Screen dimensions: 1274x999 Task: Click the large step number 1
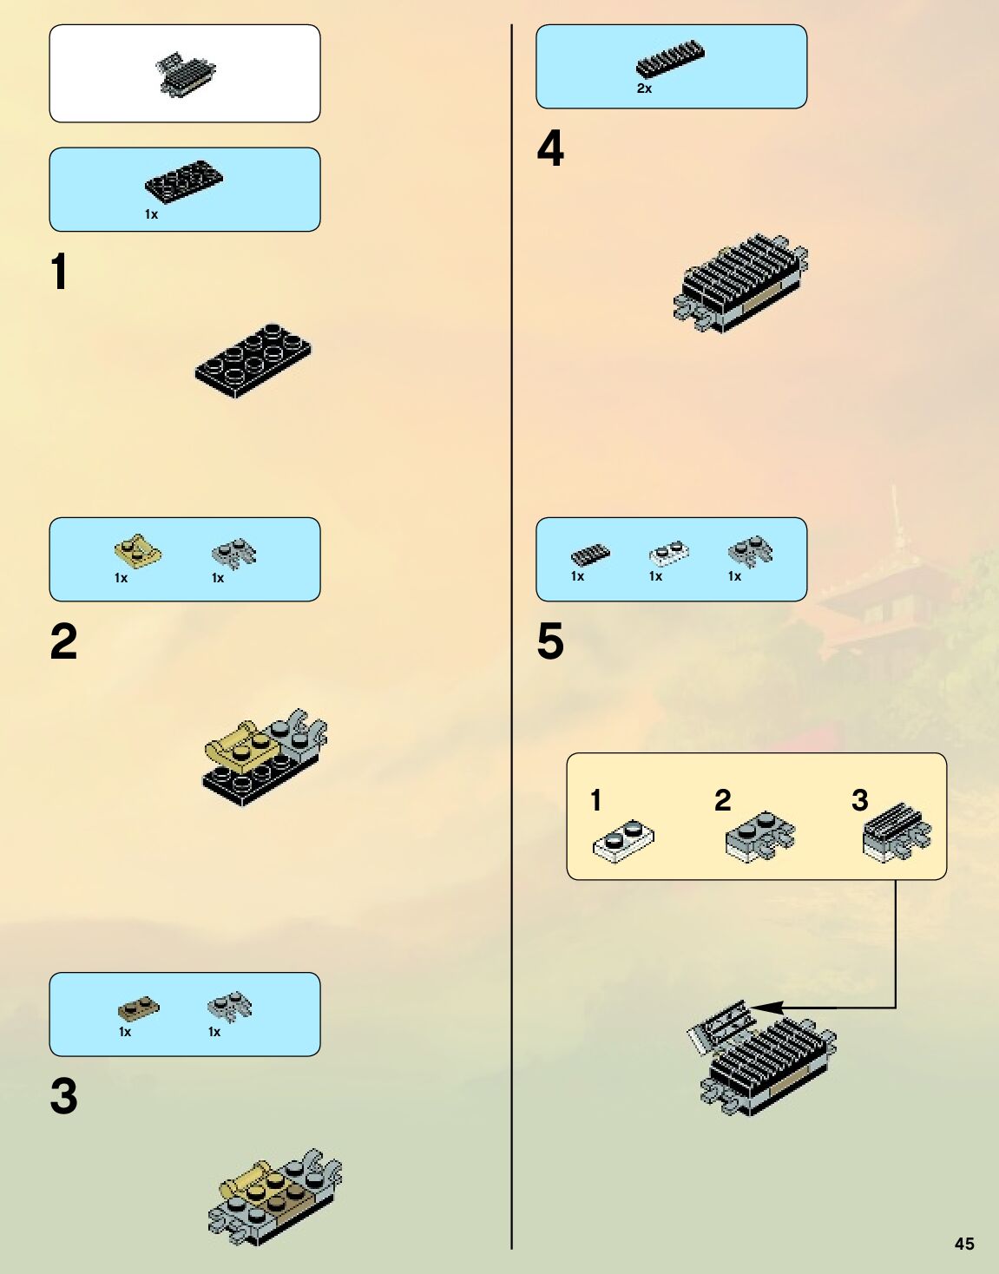point(59,272)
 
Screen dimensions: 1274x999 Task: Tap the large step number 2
point(63,642)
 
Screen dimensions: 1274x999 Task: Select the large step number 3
point(63,1097)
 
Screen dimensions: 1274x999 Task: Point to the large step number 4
point(550,148)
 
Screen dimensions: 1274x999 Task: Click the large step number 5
point(550,642)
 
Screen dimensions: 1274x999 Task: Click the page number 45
point(964,1244)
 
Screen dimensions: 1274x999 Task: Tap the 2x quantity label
point(644,89)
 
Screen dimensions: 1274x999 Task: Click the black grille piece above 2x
point(670,61)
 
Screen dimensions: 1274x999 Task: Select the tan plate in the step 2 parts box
point(137,551)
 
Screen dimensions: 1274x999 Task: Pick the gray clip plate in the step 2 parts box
point(233,552)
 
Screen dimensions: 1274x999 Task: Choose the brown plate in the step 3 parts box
point(138,1008)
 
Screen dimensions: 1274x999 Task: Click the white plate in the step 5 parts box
point(668,552)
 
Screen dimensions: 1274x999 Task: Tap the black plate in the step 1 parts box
point(183,181)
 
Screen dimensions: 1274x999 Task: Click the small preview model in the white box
point(185,73)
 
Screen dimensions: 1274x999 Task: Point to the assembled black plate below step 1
point(253,359)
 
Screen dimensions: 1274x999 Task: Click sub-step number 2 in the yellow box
point(722,800)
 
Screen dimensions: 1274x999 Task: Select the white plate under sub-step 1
point(623,842)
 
